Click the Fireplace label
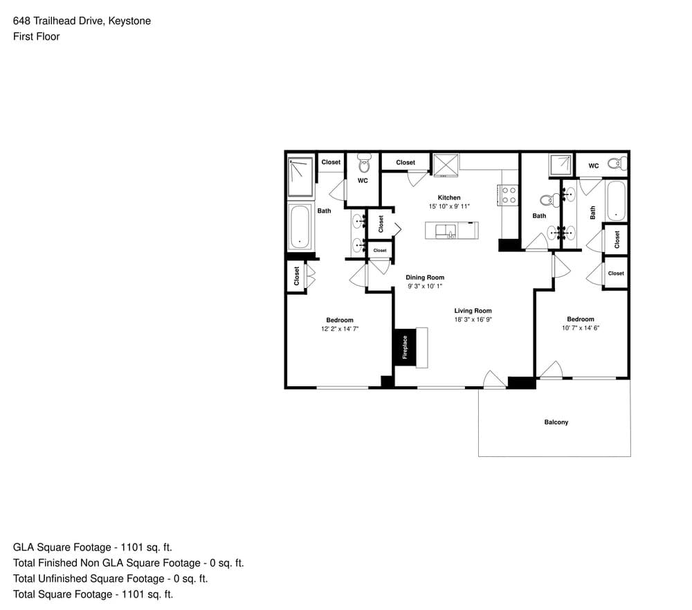pyautogui.click(x=405, y=347)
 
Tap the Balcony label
pyautogui.click(x=556, y=422)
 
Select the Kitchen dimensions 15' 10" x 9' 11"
pyautogui.click(x=449, y=206)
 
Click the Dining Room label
pyautogui.click(x=425, y=278)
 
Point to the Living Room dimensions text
pyautogui.click(x=473, y=319)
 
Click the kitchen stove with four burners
pyautogui.click(x=509, y=195)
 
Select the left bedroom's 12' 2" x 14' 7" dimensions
pyautogui.click(x=340, y=329)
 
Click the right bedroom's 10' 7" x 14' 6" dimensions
pyautogui.click(x=581, y=328)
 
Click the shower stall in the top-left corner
pyautogui.click(x=300, y=177)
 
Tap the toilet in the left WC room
pyautogui.click(x=364, y=163)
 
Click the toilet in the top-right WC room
pyautogui.click(x=617, y=163)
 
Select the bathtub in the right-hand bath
pyautogui.click(x=616, y=201)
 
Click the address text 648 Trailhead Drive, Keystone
pyautogui.click(x=82, y=21)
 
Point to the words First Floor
pyautogui.click(x=36, y=37)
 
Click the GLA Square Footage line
pyautogui.click(x=92, y=547)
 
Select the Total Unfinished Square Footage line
pyautogui.click(x=110, y=579)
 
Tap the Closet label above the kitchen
pyautogui.click(x=406, y=163)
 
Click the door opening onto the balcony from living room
pyautogui.click(x=495, y=380)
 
